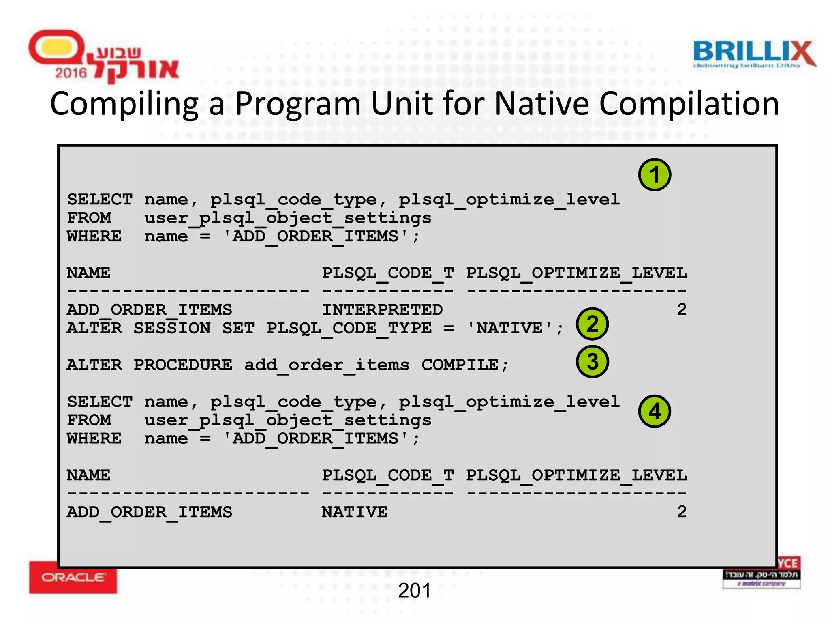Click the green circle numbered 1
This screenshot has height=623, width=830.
(x=655, y=175)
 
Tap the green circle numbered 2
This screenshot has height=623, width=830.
(x=592, y=324)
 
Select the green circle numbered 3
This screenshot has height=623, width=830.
(x=592, y=361)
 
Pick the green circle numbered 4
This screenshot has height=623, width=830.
(x=655, y=411)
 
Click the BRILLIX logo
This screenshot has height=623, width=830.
(x=754, y=54)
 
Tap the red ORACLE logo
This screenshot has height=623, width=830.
(x=73, y=577)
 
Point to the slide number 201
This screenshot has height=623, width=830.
(x=414, y=591)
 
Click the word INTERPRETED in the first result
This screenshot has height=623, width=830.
(x=382, y=310)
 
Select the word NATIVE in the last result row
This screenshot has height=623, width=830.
(x=355, y=512)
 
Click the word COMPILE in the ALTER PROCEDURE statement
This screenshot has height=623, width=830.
(x=460, y=365)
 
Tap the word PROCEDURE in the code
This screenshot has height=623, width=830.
(x=183, y=365)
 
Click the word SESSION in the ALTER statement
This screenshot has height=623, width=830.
(x=172, y=328)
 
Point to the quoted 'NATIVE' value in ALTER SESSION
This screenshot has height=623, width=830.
(x=509, y=328)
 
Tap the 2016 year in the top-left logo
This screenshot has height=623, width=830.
(x=71, y=73)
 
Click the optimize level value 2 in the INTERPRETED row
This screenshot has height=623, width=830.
(x=682, y=309)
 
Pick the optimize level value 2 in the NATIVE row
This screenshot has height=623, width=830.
(x=682, y=512)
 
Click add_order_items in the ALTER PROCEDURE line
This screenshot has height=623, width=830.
(x=327, y=365)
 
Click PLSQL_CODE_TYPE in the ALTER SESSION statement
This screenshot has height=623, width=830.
(x=349, y=328)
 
